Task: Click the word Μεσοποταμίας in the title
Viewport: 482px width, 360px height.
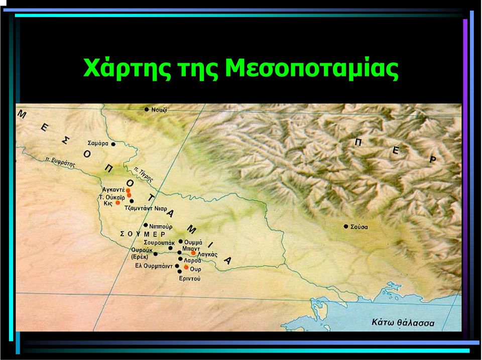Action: tap(312, 68)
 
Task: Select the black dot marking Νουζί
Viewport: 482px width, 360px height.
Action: tap(147, 109)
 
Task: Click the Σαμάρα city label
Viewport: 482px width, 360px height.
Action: tap(98, 143)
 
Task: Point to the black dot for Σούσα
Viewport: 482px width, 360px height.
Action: tap(346, 226)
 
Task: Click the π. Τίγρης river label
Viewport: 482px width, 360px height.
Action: tap(144, 175)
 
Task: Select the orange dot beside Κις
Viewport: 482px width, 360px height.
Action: tap(117, 203)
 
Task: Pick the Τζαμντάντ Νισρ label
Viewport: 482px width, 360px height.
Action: tap(146, 208)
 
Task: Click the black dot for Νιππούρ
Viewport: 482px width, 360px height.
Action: tap(146, 225)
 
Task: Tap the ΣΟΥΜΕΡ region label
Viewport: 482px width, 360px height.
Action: tap(143, 234)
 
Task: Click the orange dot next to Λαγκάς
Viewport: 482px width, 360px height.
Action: tap(193, 253)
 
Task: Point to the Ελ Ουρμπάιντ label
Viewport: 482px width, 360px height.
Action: tap(154, 266)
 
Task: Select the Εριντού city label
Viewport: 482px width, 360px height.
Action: tap(190, 279)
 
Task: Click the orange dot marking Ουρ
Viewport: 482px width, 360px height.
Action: tap(186, 267)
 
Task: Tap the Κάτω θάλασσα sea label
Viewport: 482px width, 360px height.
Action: tap(403, 323)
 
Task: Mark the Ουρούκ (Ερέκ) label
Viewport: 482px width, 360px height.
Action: tap(142, 254)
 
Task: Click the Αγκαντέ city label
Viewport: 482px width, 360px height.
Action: tap(113, 190)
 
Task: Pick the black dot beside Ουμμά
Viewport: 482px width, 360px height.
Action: tap(181, 242)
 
